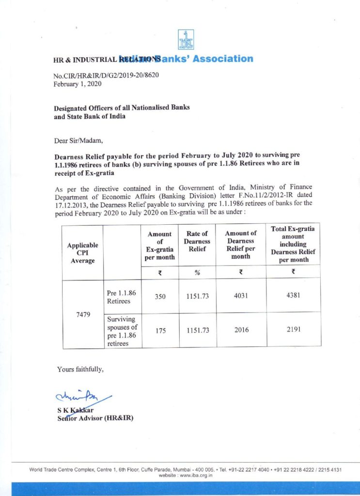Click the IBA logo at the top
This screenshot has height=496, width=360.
tap(186, 40)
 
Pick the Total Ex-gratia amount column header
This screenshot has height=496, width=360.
tap(293, 244)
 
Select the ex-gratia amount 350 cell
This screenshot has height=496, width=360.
tap(160, 295)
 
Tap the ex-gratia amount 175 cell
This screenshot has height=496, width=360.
tap(160, 330)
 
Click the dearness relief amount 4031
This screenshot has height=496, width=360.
tap(241, 295)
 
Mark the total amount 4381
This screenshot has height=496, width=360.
tap(293, 295)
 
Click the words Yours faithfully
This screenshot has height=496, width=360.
tap(80, 370)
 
